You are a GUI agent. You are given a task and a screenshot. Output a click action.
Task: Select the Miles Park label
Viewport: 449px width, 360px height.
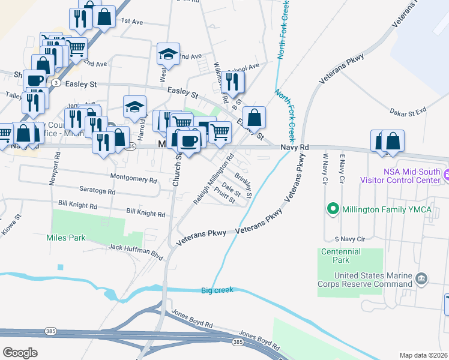tap(65, 238)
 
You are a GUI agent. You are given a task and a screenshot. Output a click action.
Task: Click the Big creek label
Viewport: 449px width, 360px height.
tap(215, 290)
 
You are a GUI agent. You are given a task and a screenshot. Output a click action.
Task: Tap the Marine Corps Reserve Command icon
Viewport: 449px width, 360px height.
tap(421, 278)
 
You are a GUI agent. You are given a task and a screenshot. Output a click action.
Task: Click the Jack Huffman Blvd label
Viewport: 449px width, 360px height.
tap(136, 251)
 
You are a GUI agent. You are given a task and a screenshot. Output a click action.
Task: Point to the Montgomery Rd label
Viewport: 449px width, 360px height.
tap(134, 178)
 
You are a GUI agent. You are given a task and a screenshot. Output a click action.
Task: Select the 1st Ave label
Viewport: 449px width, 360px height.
tap(132, 21)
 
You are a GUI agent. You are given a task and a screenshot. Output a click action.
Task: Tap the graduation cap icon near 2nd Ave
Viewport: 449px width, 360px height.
tap(169, 55)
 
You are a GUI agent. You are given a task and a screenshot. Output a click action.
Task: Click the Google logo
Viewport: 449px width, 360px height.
tap(20, 352)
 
